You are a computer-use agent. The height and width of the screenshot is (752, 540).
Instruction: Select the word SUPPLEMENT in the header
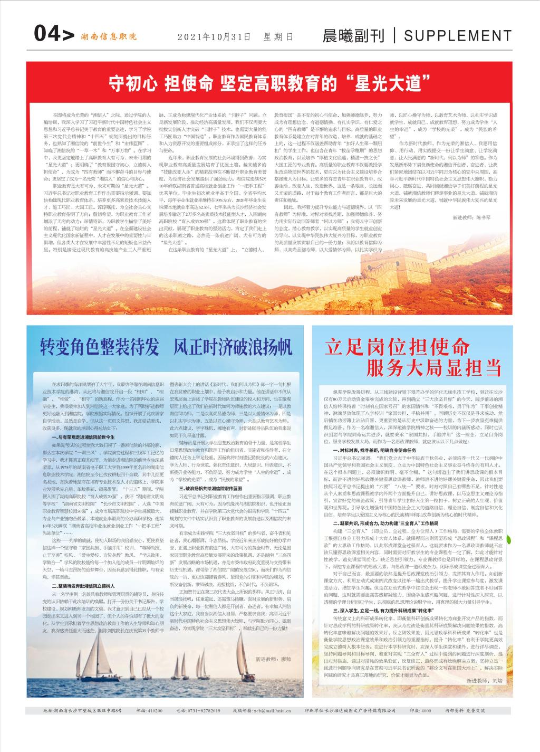coord(458,35)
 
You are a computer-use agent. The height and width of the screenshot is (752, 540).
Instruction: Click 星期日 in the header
coord(278,37)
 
